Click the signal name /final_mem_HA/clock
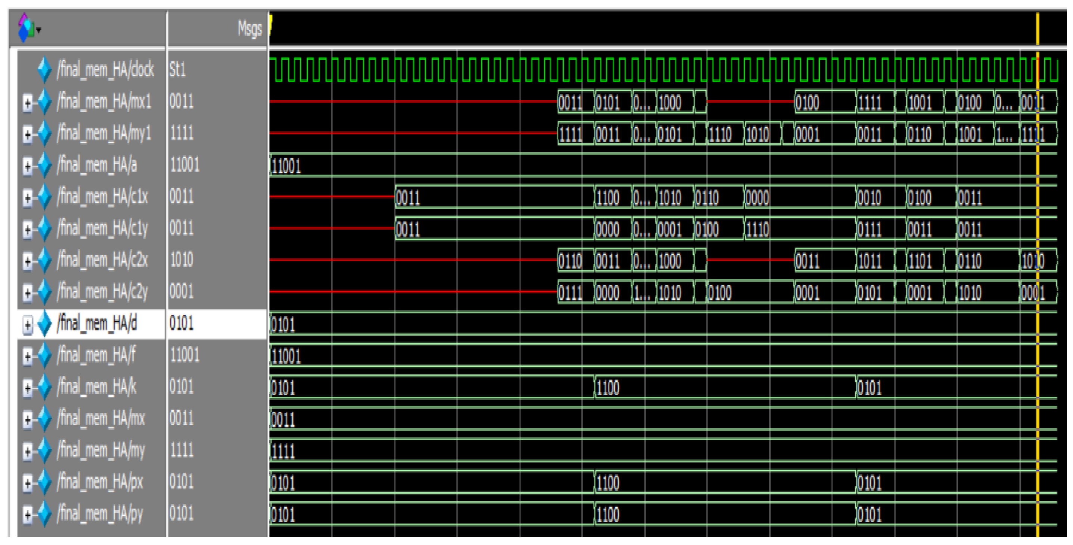pos(105,69)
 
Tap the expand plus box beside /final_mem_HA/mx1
pos(28,102)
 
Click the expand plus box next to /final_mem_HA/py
pos(28,515)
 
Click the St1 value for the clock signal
pos(177,69)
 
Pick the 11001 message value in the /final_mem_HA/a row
pos(185,165)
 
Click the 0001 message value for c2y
pos(181,292)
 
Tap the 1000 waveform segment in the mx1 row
pos(670,102)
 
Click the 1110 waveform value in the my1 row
pos(720,134)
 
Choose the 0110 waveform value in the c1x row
pos(707,197)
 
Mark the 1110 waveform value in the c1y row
pos(757,229)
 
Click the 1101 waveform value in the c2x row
pos(920,261)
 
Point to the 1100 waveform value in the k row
pos(608,388)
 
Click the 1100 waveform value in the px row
pos(608,483)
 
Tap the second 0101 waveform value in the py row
pos(869,515)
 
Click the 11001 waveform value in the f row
pos(286,356)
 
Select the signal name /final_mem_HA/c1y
pos(102,228)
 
